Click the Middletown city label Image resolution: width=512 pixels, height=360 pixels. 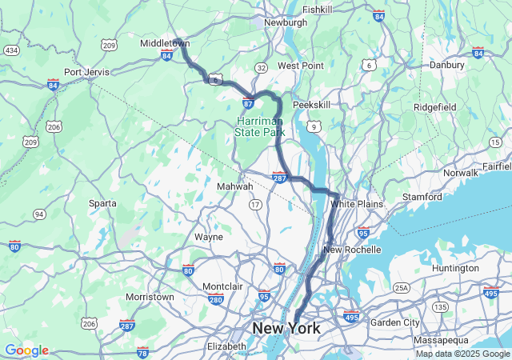pyautogui.click(x=165, y=43)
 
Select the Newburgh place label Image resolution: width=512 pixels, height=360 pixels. pyautogui.click(x=285, y=23)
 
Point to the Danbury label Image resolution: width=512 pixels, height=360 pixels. pyautogui.click(x=447, y=64)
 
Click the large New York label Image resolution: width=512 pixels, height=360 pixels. pyautogui.click(x=286, y=328)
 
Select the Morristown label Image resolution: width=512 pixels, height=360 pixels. pyautogui.click(x=150, y=297)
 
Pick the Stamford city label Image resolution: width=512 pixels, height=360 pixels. pyautogui.click(x=423, y=197)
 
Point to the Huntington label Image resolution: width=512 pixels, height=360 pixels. pyautogui.click(x=454, y=268)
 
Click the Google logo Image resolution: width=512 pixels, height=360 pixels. pyautogui.click(x=26, y=350)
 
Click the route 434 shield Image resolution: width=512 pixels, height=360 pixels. pyautogui.click(x=11, y=50)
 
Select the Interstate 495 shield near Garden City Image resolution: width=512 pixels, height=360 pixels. pyautogui.click(x=351, y=315)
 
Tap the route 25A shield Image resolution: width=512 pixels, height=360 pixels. pyautogui.click(x=401, y=287)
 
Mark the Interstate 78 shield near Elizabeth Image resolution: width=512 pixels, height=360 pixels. pyautogui.click(x=142, y=352)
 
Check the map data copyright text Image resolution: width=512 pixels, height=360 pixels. pyautogui.click(x=462, y=354)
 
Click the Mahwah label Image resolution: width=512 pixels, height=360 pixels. pyautogui.click(x=235, y=186)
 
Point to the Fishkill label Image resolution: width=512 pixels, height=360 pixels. pyautogui.click(x=318, y=10)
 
